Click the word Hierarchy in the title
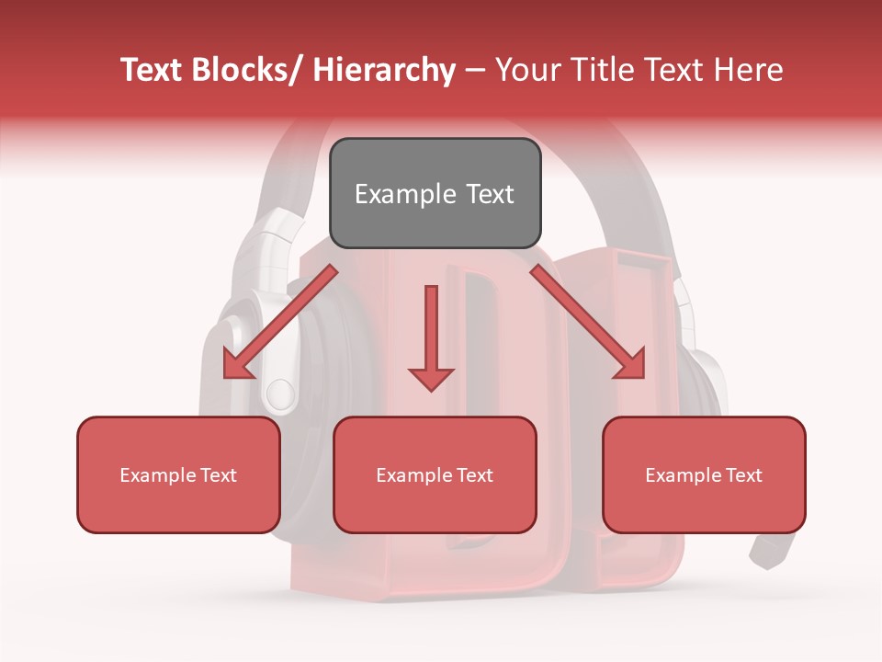[384, 70]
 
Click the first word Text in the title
[153, 70]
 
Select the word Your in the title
[527, 70]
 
